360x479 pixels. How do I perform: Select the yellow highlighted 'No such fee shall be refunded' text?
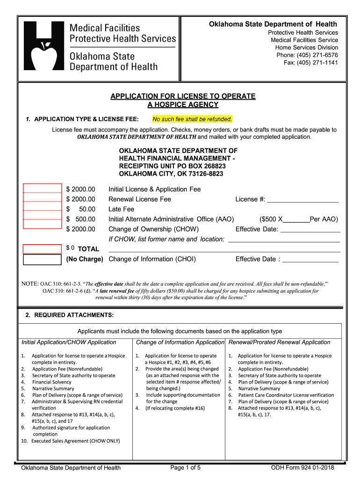pyautogui.click(x=192, y=119)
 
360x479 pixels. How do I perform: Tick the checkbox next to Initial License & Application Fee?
pyautogui.click(x=42, y=189)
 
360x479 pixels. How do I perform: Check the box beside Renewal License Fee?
pyautogui.click(x=42, y=199)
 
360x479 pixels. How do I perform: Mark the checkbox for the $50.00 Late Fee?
pyautogui.click(x=42, y=209)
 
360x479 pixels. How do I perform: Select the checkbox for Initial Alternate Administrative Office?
pyautogui.click(x=42, y=218)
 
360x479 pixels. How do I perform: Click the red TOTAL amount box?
pyautogui.click(x=42, y=248)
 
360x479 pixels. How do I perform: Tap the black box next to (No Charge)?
pyautogui.click(x=42, y=259)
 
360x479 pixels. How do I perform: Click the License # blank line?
pyautogui.click(x=302, y=200)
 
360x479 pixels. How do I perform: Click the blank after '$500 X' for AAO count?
pyautogui.click(x=296, y=220)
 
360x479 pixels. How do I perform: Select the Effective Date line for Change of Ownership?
pyautogui.click(x=310, y=230)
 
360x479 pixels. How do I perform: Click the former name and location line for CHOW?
pyautogui.click(x=283, y=239)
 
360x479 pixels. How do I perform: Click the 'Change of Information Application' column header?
pyautogui.click(x=180, y=342)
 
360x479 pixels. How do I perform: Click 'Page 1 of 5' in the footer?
pyautogui.click(x=186, y=467)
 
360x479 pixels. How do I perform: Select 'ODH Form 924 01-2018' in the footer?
pyautogui.click(x=302, y=467)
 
